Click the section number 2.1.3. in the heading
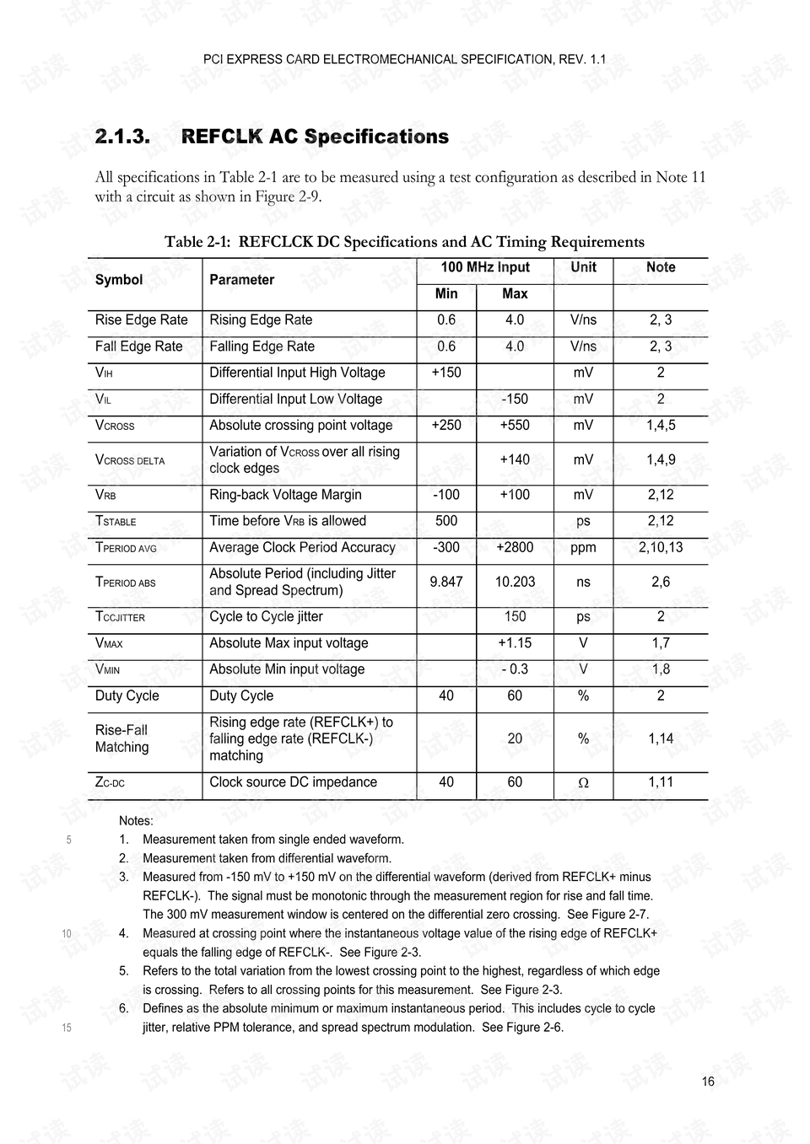pyautogui.click(x=122, y=137)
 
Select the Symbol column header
pyautogui.click(x=119, y=280)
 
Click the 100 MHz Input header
pyautogui.click(x=485, y=267)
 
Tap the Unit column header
pyautogui.click(x=583, y=267)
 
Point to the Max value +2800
pyautogui.click(x=515, y=547)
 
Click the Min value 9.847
pyautogui.click(x=446, y=582)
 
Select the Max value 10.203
pyautogui.click(x=515, y=582)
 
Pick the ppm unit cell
pyautogui.click(x=583, y=547)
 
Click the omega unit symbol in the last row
pyautogui.click(x=583, y=783)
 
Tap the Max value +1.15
pyautogui.click(x=515, y=643)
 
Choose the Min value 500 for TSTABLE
pyautogui.click(x=446, y=521)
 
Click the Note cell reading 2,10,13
pyautogui.click(x=661, y=547)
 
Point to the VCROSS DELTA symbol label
pyautogui.click(x=130, y=460)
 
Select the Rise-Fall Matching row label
pyautogui.click(x=121, y=738)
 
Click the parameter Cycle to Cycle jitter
pyautogui.click(x=266, y=617)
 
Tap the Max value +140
pyautogui.click(x=515, y=459)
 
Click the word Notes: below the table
pyautogui.click(x=136, y=820)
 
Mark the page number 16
pyautogui.click(x=707, y=1082)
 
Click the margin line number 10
pyautogui.click(x=67, y=933)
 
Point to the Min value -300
pyautogui.click(x=446, y=547)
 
